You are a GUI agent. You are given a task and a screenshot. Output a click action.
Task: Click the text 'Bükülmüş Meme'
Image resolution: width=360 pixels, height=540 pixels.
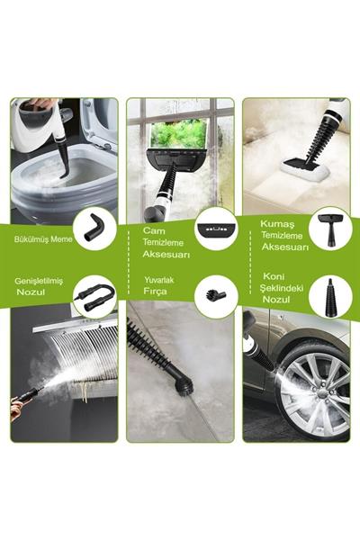click(43, 239)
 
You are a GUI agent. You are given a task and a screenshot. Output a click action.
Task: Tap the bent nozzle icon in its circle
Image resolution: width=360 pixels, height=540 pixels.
click(93, 228)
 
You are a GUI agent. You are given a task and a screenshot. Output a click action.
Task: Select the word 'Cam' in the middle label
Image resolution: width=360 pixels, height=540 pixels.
click(154, 230)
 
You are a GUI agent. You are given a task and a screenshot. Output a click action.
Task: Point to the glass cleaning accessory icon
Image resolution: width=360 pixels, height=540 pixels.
click(216, 229)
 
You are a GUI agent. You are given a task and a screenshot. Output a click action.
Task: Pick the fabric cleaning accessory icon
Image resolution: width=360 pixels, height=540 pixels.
click(329, 229)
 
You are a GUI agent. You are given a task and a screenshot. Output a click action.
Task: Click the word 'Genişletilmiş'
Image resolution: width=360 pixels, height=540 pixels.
click(39, 281)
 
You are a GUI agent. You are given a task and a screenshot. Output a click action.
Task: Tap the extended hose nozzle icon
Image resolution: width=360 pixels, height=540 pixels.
click(94, 295)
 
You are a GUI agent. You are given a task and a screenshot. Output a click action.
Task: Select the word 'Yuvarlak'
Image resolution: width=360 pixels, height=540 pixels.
click(158, 280)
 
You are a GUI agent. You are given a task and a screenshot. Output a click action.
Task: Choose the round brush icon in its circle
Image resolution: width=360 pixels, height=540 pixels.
click(216, 294)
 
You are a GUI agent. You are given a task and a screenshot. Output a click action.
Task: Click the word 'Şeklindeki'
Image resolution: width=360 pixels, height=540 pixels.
click(282, 288)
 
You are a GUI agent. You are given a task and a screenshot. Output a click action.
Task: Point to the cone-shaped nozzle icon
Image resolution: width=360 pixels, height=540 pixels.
click(329, 296)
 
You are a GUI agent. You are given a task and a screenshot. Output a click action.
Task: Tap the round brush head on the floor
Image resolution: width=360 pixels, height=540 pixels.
click(184, 382)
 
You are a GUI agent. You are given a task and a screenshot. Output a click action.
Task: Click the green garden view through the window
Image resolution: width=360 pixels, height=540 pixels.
click(179, 133)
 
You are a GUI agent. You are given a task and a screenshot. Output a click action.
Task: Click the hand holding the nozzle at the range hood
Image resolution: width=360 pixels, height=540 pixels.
click(16, 408)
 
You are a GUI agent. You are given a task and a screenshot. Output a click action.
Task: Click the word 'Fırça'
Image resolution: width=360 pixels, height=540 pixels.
click(155, 292)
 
